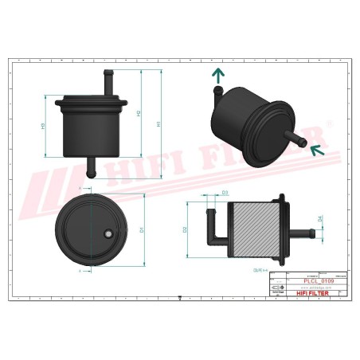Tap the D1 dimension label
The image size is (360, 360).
[142, 229]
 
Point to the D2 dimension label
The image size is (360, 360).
[186, 229]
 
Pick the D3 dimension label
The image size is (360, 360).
[225, 193]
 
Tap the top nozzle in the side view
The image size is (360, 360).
[105, 82]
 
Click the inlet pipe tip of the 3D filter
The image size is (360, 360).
[303, 142]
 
